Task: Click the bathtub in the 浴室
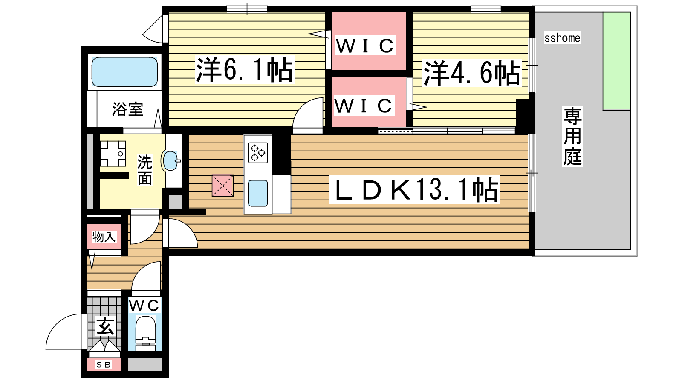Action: (124, 72)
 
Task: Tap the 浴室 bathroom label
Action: (127, 109)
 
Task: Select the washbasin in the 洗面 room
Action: (171, 160)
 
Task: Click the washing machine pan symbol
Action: (113, 154)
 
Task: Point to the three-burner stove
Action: (258, 153)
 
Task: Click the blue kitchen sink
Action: (258, 193)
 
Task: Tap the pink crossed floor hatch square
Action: (223, 186)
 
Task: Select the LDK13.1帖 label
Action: (414, 190)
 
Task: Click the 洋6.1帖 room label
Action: (245, 70)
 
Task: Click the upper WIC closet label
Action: (365, 46)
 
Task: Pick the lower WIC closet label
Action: (364, 106)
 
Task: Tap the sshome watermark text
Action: (562, 38)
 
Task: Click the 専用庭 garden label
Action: (572, 136)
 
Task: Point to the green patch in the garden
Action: (616, 61)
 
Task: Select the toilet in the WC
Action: (145, 334)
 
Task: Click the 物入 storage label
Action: (104, 237)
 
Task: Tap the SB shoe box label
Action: (104, 364)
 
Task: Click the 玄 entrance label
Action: (105, 326)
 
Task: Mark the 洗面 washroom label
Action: (144, 170)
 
